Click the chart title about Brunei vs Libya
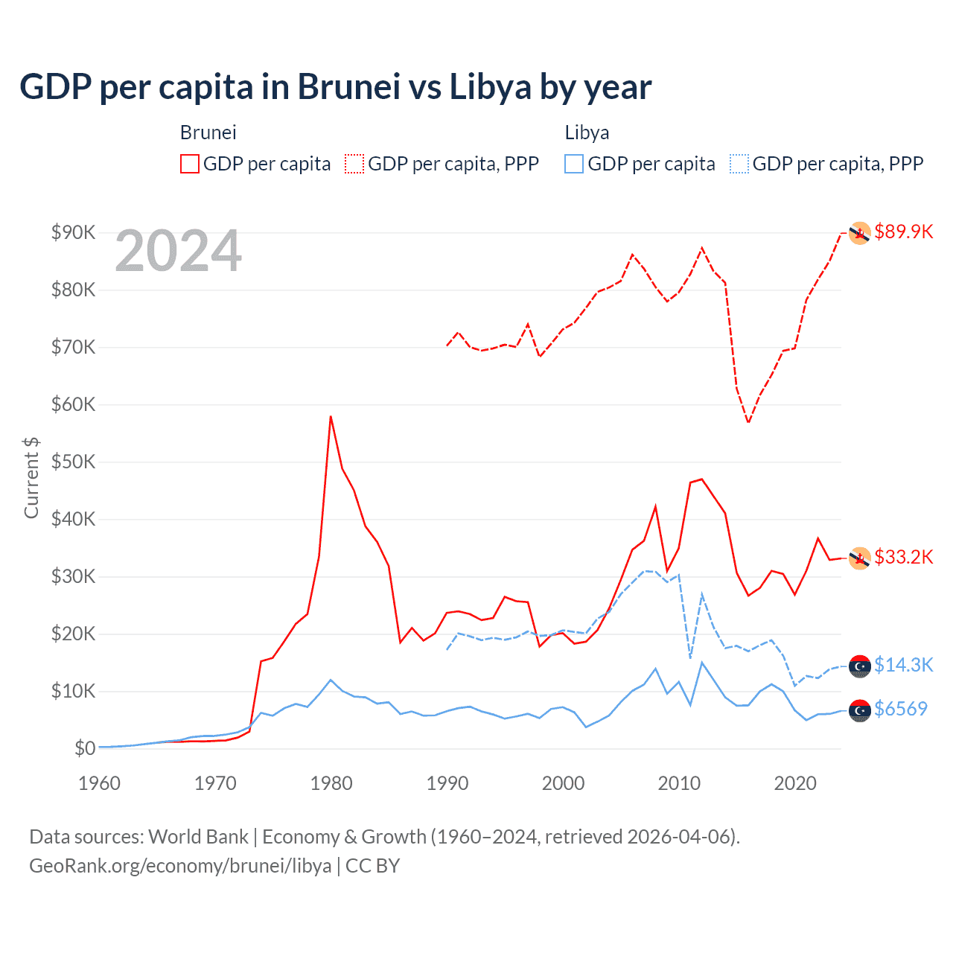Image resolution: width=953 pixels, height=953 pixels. [x=336, y=87]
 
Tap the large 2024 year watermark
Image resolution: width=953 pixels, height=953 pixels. [x=179, y=251]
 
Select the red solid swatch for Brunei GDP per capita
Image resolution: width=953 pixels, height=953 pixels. [x=190, y=164]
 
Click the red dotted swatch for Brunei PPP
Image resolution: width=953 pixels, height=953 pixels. [x=354, y=164]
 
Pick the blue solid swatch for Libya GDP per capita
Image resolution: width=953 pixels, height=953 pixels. [x=574, y=164]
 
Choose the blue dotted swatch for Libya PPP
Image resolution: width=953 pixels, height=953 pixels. [x=739, y=164]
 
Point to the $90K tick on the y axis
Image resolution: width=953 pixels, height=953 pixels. [x=74, y=232]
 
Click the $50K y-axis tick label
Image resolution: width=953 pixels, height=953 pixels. [x=74, y=462]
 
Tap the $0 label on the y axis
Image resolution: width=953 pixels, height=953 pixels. [x=85, y=748]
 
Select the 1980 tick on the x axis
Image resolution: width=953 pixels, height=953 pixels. [x=331, y=783]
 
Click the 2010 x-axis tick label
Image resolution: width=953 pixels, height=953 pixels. [x=679, y=783]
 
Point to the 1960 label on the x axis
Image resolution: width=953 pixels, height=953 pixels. [x=100, y=783]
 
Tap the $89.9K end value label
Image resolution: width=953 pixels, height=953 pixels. [x=903, y=232]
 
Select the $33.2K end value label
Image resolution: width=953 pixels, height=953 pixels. [x=903, y=557]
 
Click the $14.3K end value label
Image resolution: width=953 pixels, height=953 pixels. [x=903, y=665]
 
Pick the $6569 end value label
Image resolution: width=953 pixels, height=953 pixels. [x=901, y=709]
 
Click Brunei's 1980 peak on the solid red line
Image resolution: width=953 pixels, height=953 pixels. [x=331, y=417]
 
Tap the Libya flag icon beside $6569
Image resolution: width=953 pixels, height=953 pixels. [x=860, y=711]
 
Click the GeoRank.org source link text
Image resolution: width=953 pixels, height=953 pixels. [x=180, y=866]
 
